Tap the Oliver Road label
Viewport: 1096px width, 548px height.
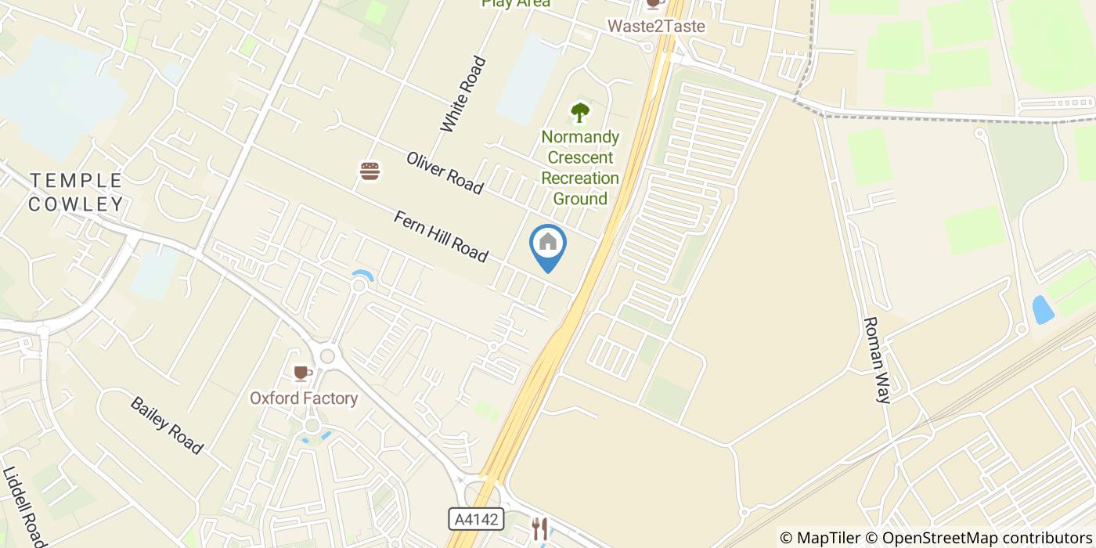pyautogui.click(x=444, y=172)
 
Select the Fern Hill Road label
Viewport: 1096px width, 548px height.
pyautogui.click(x=442, y=236)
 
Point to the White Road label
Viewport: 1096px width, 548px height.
pyautogui.click(x=463, y=95)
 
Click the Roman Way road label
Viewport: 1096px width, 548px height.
pyautogui.click(x=877, y=359)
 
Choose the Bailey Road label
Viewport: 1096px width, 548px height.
pyautogui.click(x=167, y=425)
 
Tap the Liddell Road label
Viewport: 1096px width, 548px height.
pyautogui.click(x=24, y=507)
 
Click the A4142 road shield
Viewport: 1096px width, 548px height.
pyautogui.click(x=476, y=519)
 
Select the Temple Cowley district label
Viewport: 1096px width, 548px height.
pyautogui.click(x=76, y=193)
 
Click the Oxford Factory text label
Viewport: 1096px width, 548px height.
pyautogui.click(x=304, y=398)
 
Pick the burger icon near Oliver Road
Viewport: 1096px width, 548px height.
pyautogui.click(x=370, y=171)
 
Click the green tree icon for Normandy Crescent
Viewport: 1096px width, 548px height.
pyautogui.click(x=579, y=114)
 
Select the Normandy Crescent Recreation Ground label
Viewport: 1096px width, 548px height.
pyautogui.click(x=580, y=168)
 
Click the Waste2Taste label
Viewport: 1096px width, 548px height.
pyautogui.click(x=657, y=27)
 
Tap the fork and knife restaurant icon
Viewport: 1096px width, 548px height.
pyautogui.click(x=539, y=528)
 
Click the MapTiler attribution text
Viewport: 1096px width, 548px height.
pyautogui.click(x=820, y=538)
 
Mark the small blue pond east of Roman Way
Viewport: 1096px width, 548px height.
pyautogui.click(x=1043, y=310)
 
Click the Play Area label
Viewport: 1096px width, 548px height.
pyautogui.click(x=516, y=3)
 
